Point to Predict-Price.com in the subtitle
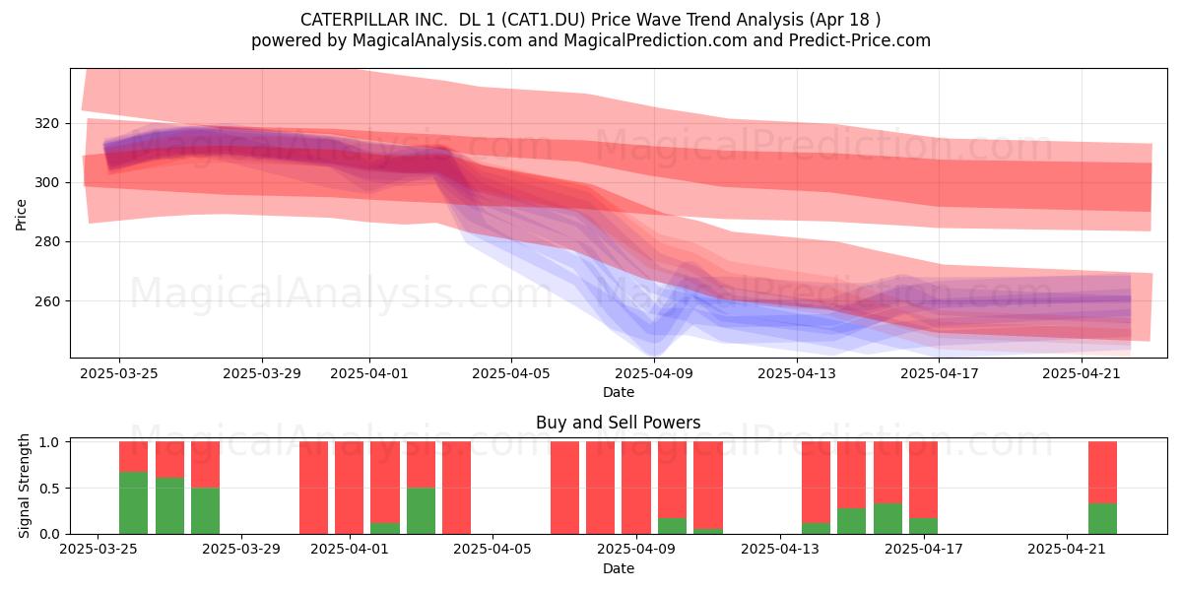click(860, 40)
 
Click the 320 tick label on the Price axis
click(47, 123)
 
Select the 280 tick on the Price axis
click(47, 241)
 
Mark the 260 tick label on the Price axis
click(47, 301)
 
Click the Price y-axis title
click(21, 215)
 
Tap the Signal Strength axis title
click(24, 486)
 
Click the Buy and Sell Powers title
click(618, 423)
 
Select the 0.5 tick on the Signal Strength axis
click(50, 489)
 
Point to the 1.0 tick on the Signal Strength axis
click(50, 442)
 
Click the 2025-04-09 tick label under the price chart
click(654, 373)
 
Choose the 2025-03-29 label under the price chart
click(262, 373)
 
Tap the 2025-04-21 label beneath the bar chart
click(1067, 550)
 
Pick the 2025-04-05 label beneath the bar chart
click(492, 550)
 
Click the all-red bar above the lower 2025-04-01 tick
click(350, 488)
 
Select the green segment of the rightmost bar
click(1103, 519)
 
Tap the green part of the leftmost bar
click(134, 503)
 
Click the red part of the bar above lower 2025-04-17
click(924, 480)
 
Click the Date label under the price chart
click(619, 392)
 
